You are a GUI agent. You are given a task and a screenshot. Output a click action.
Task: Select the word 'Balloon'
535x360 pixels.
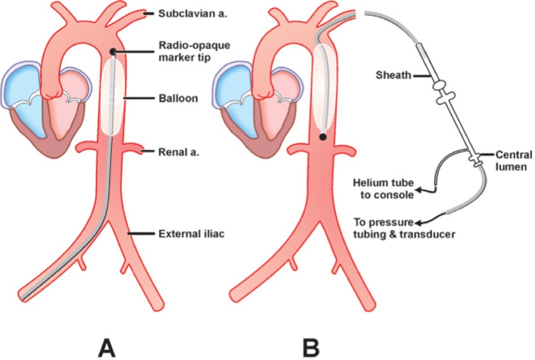pos(178,98)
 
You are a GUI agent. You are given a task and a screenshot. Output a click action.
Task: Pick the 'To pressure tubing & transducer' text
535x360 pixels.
pos(404,228)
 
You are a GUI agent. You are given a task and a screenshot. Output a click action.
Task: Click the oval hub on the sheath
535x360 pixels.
pos(441,83)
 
